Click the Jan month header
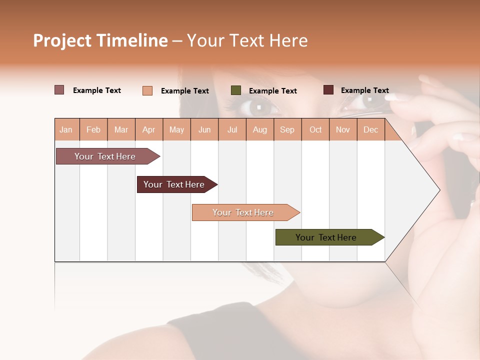(x=66, y=130)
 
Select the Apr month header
(x=149, y=130)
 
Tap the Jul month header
(x=232, y=130)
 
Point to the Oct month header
(x=315, y=130)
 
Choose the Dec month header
(x=371, y=130)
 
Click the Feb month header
(x=93, y=130)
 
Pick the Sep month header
(x=287, y=130)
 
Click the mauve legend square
(x=59, y=90)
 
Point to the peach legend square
(x=147, y=90)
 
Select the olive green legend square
(x=236, y=90)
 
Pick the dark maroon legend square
(x=328, y=90)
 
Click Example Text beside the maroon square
(x=365, y=90)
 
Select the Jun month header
(x=204, y=130)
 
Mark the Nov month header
(x=343, y=130)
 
